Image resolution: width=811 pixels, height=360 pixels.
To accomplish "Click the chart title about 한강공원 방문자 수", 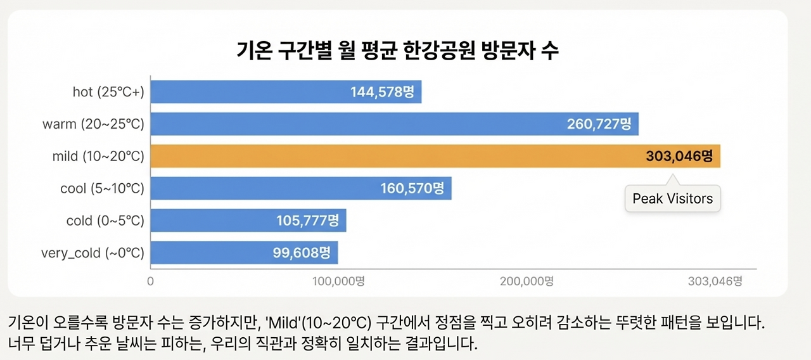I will click(x=398, y=50).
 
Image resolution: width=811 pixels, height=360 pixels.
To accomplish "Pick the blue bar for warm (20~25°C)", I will click(x=355, y=124).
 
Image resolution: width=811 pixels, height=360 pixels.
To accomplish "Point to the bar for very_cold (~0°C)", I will click(x=209, y=253).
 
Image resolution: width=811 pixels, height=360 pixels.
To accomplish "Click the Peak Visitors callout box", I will click(x=672, y=198).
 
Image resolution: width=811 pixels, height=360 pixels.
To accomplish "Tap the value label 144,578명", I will click(x=382, y=92).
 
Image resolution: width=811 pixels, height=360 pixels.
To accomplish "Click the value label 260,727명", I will click(x=599, y=124).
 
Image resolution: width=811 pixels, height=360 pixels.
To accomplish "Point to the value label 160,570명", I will click(x=412, y=188).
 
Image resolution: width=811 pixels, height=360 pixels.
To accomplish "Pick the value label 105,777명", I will click(x=308, y=221).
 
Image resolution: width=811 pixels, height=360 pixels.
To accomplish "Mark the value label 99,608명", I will click(x=302, y=253).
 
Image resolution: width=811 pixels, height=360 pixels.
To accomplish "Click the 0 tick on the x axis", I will click(x=150, y=281).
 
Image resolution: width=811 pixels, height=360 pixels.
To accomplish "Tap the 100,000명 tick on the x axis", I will click(x=339, y=281).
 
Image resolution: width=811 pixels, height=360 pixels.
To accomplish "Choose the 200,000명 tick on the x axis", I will click(x=527, y=281).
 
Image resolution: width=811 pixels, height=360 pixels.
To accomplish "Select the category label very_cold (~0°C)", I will click(x=93, y=254).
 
